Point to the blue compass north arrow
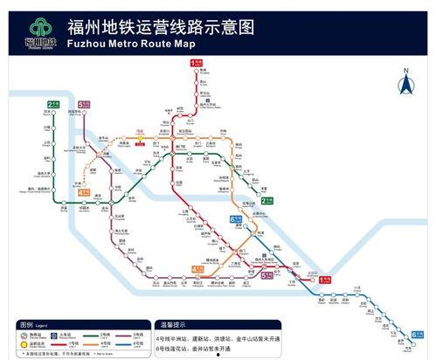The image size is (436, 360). click(405, 84)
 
